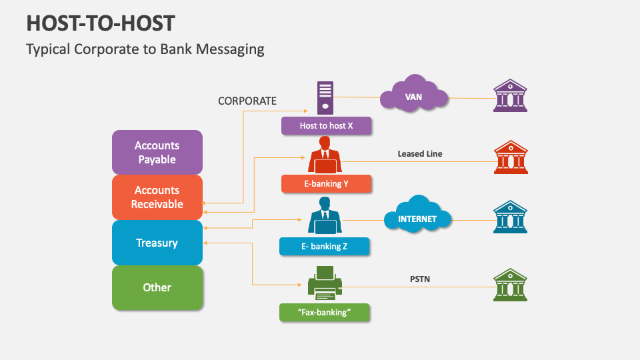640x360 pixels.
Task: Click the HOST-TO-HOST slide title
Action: pyautogui.click(x=100, y=23)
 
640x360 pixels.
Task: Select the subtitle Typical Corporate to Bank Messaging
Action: pyautogui.click(x=145, y=49)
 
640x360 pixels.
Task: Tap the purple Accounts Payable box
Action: pyautogui.click(x=157, y=153)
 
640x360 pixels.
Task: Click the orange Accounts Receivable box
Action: pyautogui.click(x=157, y=197)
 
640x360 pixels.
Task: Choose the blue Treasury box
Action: pyautogui.click(x=157, y=243)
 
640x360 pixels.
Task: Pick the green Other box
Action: pyautogui.click(x=157, y=287)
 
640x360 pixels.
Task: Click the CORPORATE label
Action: pyautogui.click(x=247, y=101)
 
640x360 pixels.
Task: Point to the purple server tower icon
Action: pyautogui.click(x=325, y=97)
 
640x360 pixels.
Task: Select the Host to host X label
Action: pyautogui.click(x=326, y=125)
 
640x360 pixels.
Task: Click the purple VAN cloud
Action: pyautogui.click(x=413, y=97)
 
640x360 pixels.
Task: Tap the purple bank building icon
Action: pyautogui.click(x=510, y=95)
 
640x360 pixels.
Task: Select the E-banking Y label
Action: pyautogui.click(x=326, y=184)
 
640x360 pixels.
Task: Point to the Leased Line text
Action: pyautogui.click(x=420, y=154)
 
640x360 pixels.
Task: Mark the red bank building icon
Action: pyautogui.click(x=510, y=158)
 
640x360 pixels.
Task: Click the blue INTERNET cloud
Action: pyautogui.click(x=417, y=218)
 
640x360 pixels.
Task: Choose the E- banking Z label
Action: pyautogui.click(x=324, y=247)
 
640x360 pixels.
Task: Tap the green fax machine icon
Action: pyautogui.click(x=325, y=280)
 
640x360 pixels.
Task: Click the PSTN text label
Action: pyautogui.click(x=419, y=279)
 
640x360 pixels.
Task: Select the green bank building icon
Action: pyautogui.click(x=510, y=285)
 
